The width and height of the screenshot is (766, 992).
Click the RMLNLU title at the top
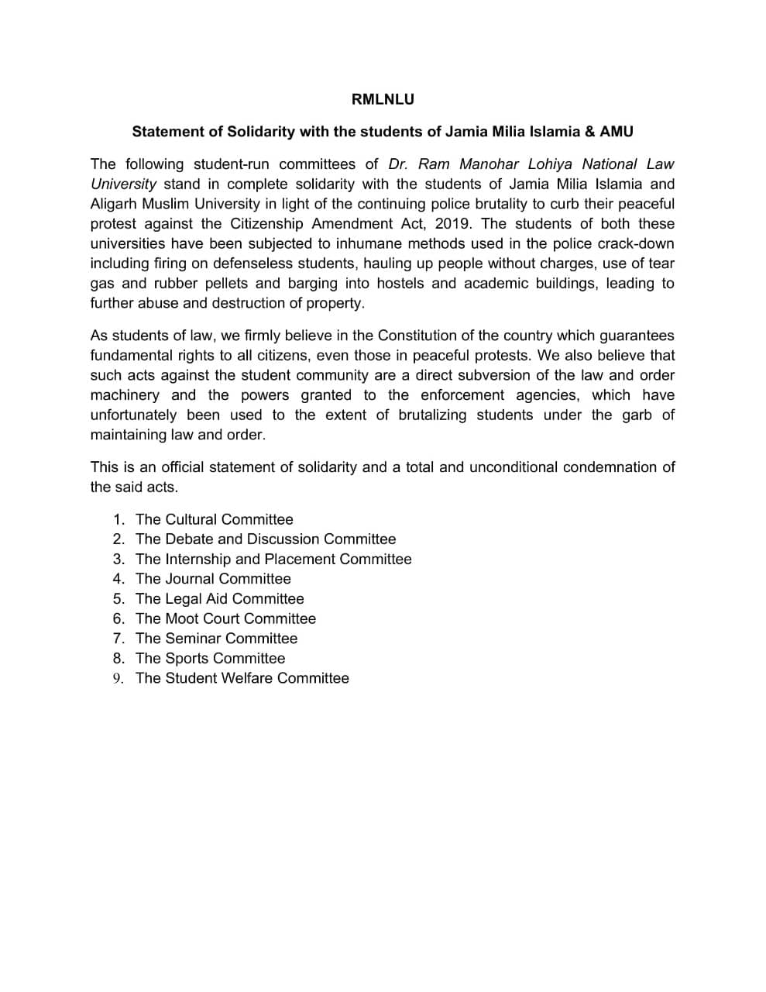(x=383, y=99)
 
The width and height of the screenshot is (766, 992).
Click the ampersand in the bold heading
(x=590, y=131)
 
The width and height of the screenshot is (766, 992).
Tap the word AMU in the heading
(x=617, y=131)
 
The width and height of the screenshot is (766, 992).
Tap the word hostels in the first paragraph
(x=400, y=284)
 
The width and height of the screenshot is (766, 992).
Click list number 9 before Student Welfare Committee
(x=119, y=679)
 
